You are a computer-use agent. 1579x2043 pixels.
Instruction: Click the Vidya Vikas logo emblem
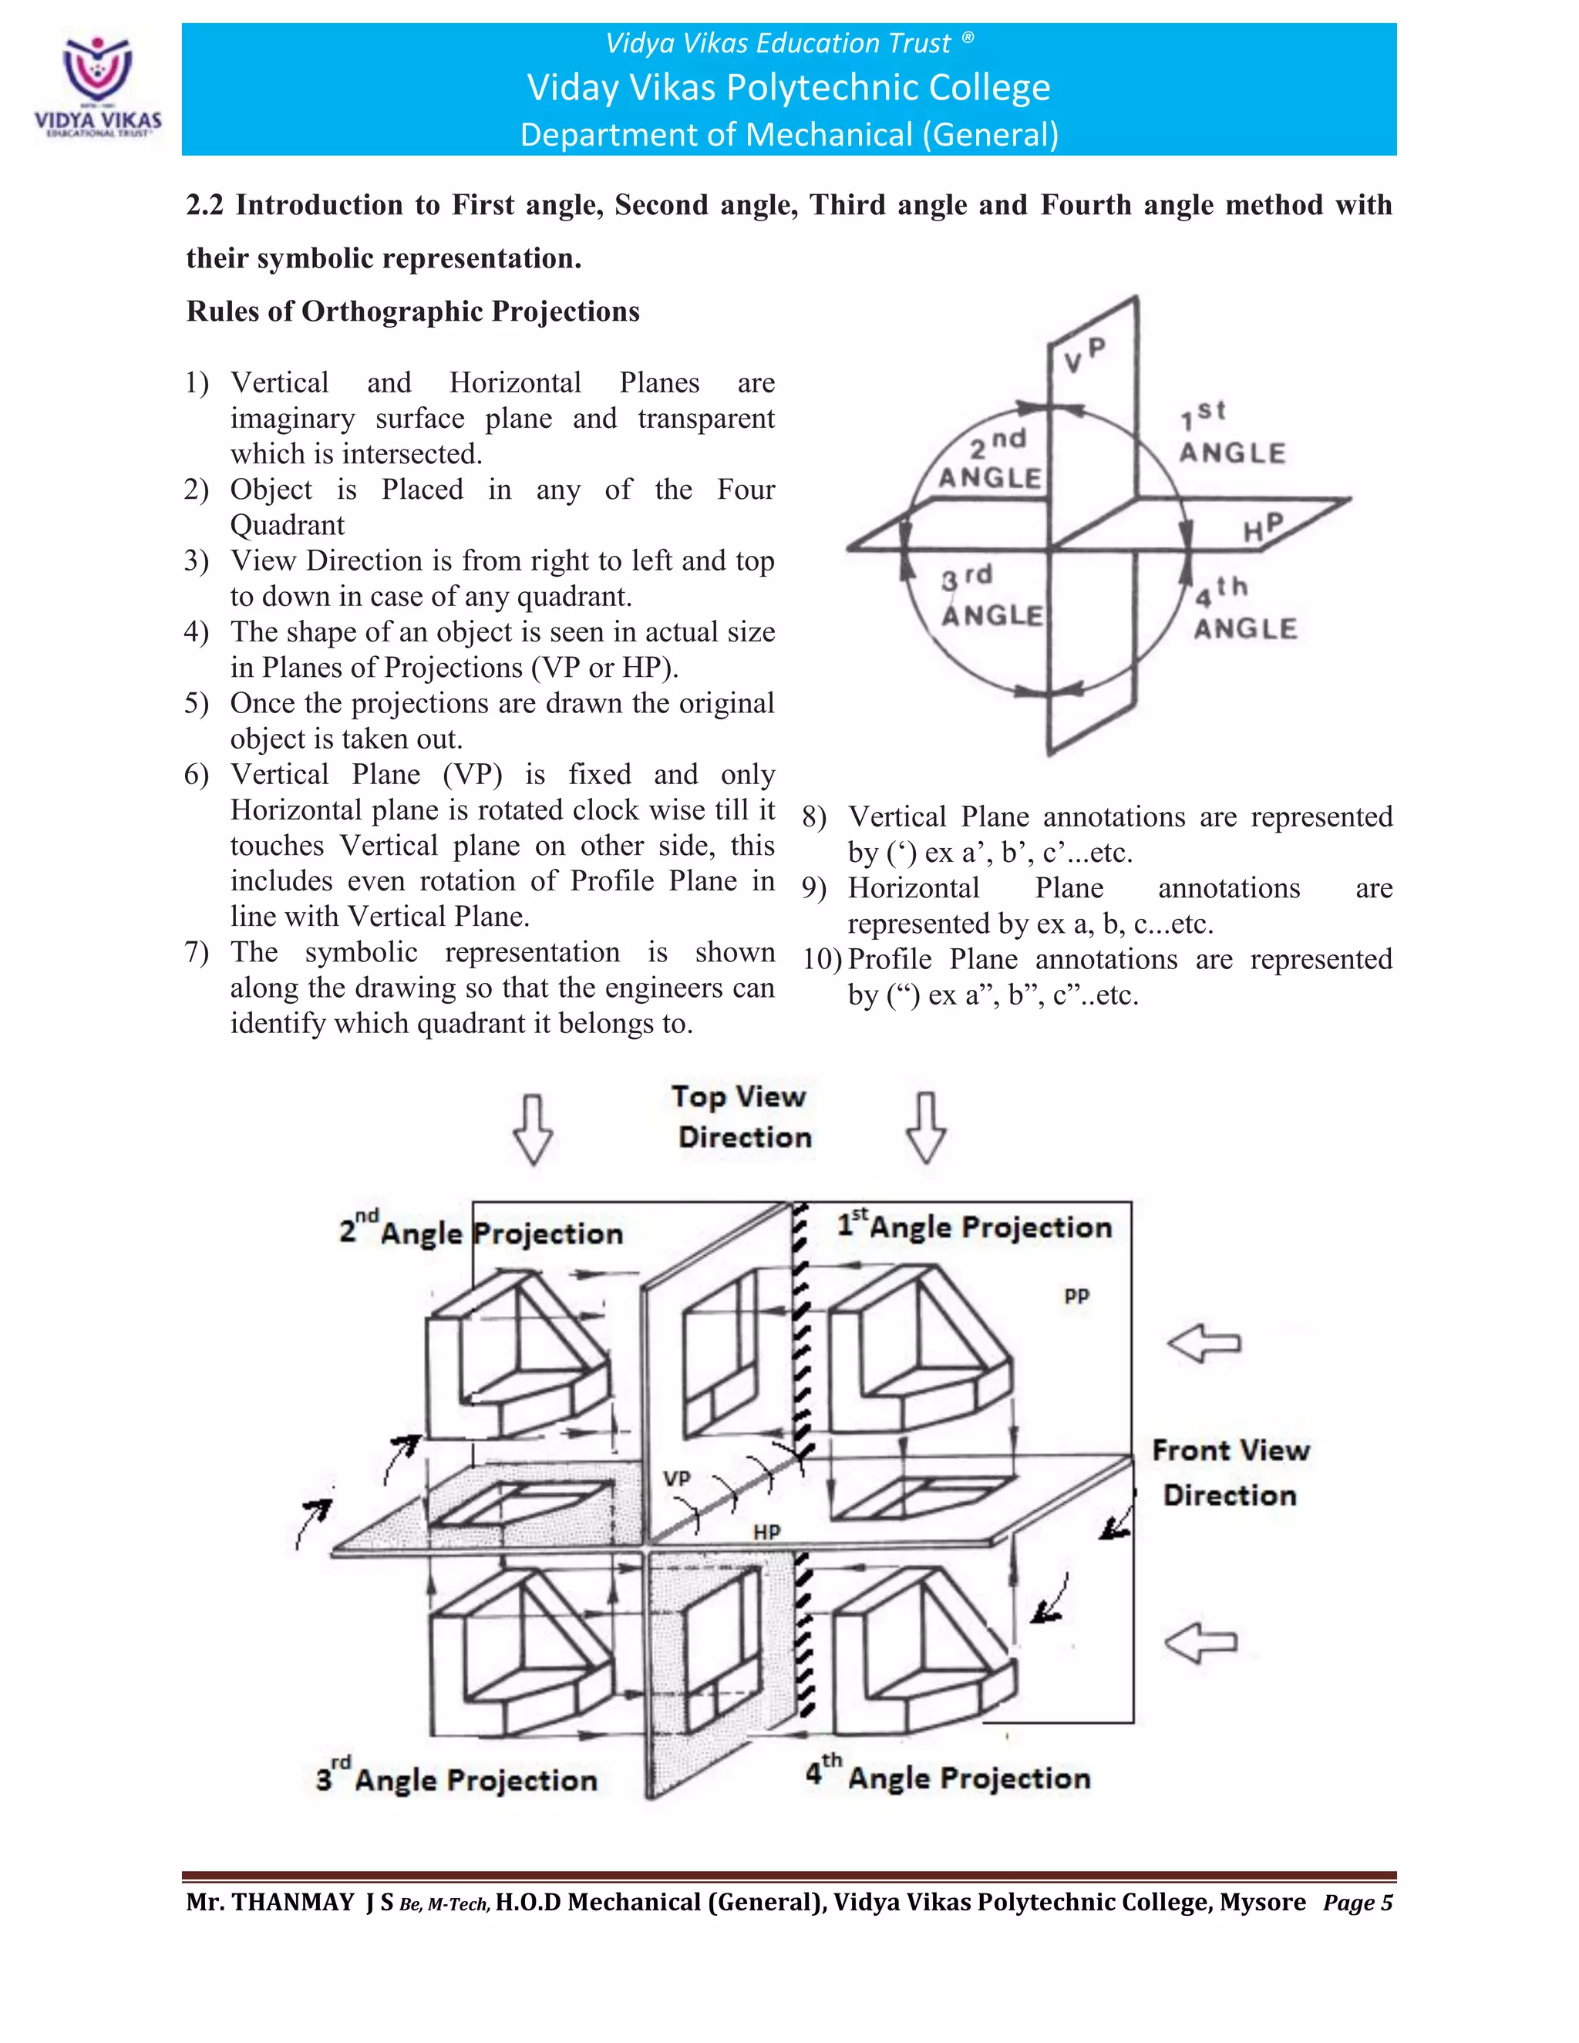(97, 69)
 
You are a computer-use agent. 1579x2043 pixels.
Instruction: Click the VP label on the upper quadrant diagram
(1085, 355)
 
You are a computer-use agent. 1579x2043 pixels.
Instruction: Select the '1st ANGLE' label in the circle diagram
(1231, 434)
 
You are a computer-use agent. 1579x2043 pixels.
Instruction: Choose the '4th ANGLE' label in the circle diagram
(1244, 609)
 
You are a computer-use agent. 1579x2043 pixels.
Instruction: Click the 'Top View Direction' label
(741, 1117)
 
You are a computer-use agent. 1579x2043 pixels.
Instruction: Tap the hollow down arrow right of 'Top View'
(926, 1127)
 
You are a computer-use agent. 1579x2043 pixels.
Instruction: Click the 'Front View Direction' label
(1230, 1473)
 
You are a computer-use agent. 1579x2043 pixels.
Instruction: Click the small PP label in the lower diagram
(1076, 1296)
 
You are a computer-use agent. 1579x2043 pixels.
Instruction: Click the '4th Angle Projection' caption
(948, 1775)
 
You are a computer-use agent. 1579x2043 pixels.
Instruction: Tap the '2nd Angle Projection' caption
(481, 1231)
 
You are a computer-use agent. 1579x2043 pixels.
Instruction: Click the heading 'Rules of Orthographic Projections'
(412, 311)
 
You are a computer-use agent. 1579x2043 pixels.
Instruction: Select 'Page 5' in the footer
(1357, 1903)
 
